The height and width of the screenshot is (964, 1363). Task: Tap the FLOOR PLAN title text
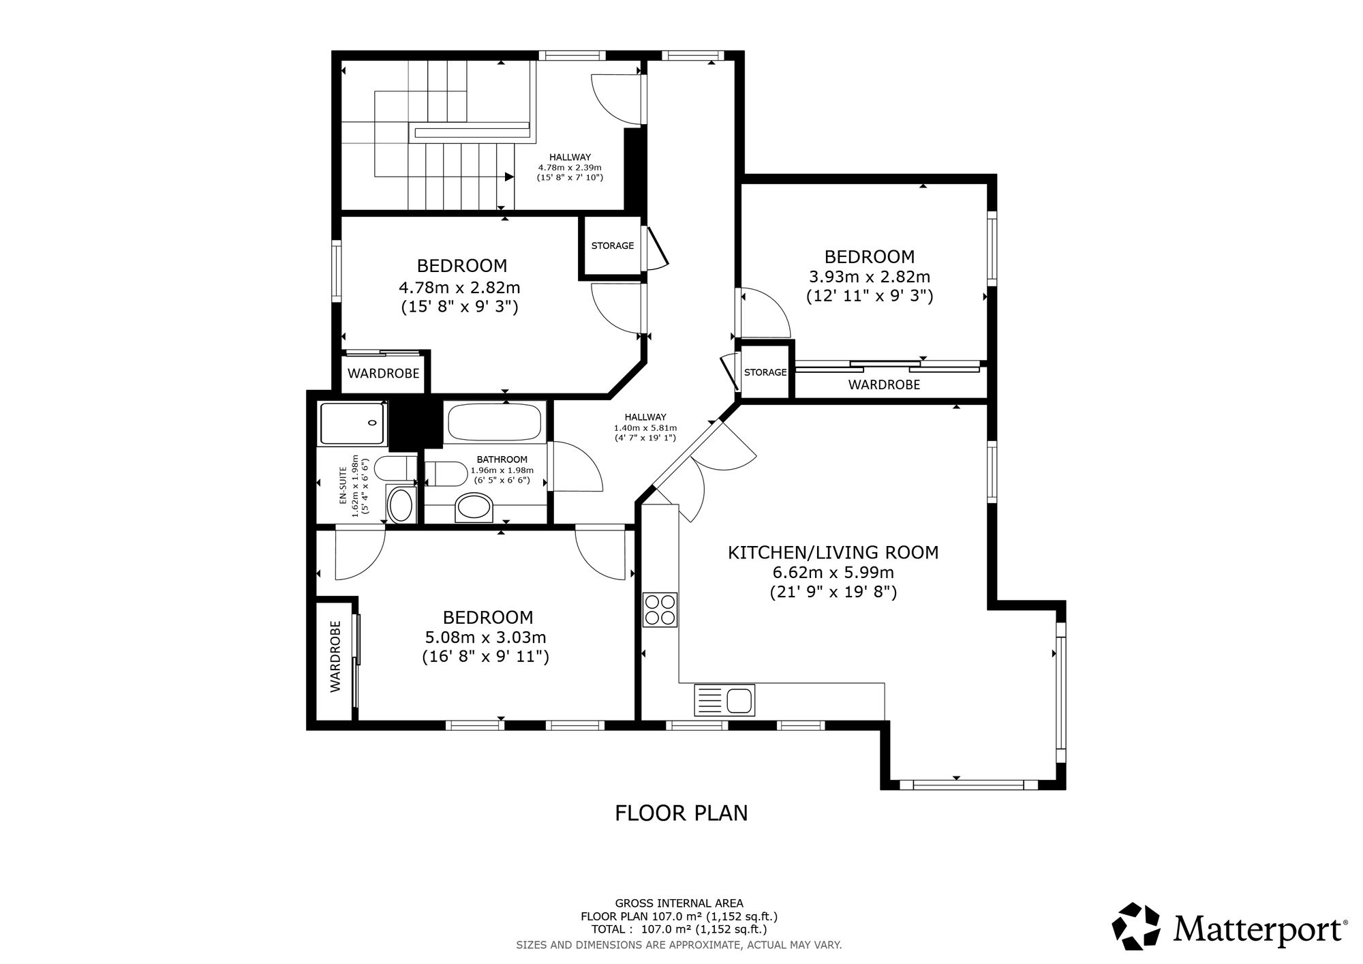(681, 813)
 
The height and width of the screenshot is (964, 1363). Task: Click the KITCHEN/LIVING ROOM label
(833, 552)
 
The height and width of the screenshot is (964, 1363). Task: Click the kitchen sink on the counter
(724, 701)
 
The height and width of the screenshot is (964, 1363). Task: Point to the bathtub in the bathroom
(495, 422)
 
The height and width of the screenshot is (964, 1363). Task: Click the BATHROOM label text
(502, 460)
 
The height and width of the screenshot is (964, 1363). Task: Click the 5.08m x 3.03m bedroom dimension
(486, 637)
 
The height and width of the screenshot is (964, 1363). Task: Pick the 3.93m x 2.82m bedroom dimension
(870, 277)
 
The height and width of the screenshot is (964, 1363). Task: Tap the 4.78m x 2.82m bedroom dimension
(460, 288)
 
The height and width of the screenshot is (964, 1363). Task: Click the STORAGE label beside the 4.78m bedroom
(613, 246)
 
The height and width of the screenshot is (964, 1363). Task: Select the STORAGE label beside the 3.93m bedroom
(765, 373)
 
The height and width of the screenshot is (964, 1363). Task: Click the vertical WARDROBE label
(335, 657)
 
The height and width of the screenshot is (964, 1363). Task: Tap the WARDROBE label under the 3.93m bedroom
(884, 385)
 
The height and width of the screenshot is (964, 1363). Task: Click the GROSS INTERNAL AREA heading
(679, 903)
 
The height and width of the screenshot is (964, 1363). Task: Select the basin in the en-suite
(401, 505)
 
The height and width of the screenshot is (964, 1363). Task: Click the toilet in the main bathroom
(446, 474)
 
